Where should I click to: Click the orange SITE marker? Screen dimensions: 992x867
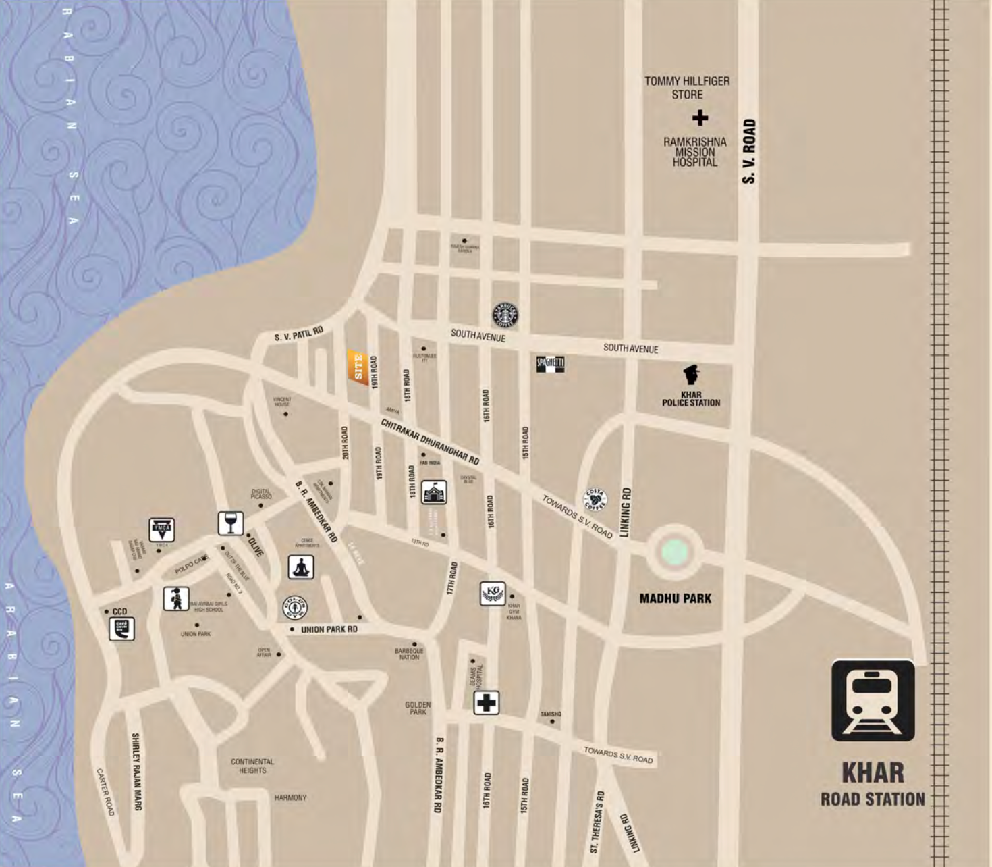point(358,367)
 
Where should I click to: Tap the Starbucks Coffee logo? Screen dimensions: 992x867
point(505,315)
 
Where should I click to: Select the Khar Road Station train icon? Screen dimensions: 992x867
point(873,700)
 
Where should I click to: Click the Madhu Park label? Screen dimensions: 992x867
point(675,598)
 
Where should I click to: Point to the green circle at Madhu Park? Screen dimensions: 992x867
point(675,552)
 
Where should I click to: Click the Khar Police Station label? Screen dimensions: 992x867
point(691,399)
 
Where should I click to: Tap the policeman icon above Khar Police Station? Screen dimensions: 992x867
point(691,374)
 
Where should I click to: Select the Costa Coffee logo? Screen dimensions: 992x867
point(595,500)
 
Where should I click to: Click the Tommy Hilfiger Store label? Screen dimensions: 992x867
point(687,88)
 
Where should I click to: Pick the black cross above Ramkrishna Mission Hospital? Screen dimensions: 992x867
point(700,118)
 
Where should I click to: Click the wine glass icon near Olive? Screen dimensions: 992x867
point(231,523)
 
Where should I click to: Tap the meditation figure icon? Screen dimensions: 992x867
point(301,567)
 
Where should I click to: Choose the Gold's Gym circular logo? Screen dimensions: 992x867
point(295,608)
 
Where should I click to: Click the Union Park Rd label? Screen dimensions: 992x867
point(329,629)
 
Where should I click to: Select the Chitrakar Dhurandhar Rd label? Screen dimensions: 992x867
point(430,442)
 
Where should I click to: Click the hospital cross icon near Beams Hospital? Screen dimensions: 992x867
point(486,703)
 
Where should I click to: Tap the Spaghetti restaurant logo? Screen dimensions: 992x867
point(550,364)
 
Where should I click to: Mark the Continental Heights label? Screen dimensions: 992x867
point(252,766)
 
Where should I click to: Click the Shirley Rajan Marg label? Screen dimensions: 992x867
point(136,771)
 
